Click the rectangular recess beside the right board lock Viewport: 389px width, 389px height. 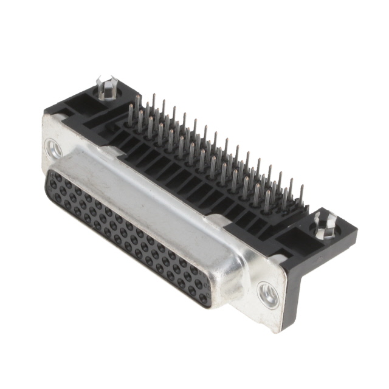pos(303,233)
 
